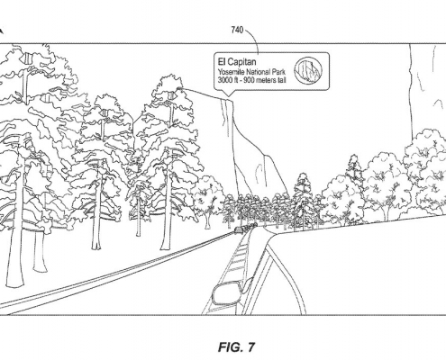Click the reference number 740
coord(237,30)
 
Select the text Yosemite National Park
coord(251,72)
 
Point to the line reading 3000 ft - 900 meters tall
coord(251,80)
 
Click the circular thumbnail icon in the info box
coord(308,71)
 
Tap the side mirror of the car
coord(227,292)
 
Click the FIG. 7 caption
coord(236,347)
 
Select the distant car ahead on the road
coord(239,229)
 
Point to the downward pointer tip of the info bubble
coord(229,96)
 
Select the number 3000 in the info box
coord(224,80)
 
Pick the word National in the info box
coord(259,72)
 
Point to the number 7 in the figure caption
coord(251,347)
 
